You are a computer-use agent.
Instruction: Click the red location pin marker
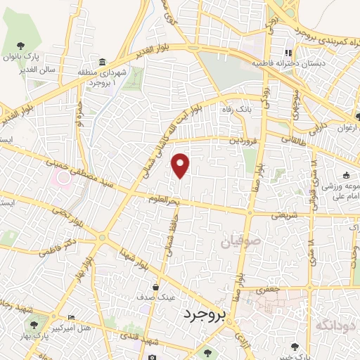point(181,165)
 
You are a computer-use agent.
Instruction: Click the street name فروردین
point(240,140)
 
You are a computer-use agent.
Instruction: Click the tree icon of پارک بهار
point(34,325)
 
